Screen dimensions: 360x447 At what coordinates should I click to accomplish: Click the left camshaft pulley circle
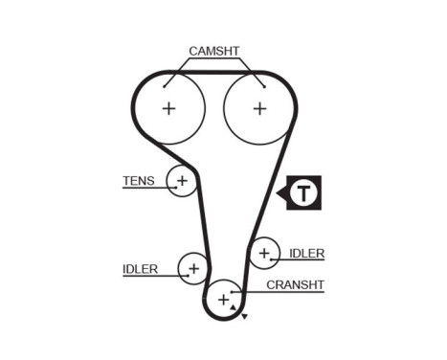[168, 108]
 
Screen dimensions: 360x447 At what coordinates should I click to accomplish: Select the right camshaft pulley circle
[259, 108]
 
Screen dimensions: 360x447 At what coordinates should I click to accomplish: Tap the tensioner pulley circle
[181, 180]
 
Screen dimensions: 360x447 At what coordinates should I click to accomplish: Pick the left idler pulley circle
[193, 269]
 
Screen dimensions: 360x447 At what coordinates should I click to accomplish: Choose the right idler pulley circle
[263, 254]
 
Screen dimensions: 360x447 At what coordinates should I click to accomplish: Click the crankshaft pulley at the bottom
[224, 301]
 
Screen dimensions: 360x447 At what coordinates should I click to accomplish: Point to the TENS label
[138, 180]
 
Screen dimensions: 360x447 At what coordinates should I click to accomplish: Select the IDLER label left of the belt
[140, 269]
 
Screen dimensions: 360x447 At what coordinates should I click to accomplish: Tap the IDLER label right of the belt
[306, 254]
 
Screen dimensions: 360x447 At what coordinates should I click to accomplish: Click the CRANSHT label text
[296, 284]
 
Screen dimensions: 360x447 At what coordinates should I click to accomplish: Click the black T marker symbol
[303, 193]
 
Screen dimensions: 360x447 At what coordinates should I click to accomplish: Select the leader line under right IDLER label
[302, 261]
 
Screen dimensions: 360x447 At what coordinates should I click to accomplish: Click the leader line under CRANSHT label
[287, 292]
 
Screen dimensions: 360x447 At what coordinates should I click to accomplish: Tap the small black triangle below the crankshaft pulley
[245, 317]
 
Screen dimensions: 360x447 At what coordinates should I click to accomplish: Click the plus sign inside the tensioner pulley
[181, 180]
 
